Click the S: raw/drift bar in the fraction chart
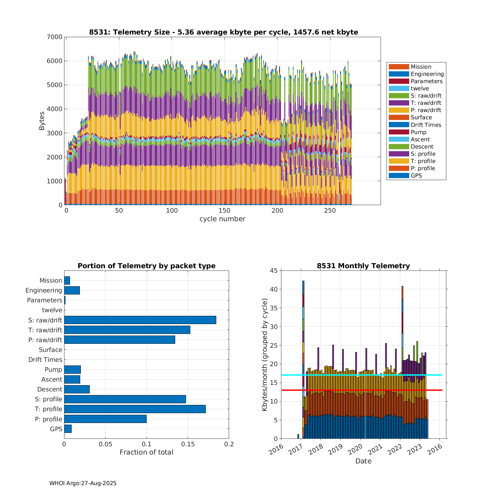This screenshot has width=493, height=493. click(140, 320)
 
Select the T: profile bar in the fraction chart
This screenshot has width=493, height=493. click(135, 409)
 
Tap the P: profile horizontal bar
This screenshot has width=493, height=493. click(105, 419)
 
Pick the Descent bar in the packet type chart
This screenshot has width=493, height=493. click(77, 389)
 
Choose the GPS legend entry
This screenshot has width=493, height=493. click(416, 176)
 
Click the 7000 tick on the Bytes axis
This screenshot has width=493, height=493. click(55, 37)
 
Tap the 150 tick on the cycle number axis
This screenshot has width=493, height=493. click(224, 211)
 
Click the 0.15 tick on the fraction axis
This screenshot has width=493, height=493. click(188, 444)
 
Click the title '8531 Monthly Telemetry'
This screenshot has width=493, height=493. click(363, 266)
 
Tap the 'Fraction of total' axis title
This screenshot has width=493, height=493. click(146, 452)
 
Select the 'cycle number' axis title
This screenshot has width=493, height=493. click(222, 219)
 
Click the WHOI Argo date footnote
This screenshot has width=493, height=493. click(83, 483)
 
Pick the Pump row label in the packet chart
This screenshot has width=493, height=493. click(53, 369)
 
